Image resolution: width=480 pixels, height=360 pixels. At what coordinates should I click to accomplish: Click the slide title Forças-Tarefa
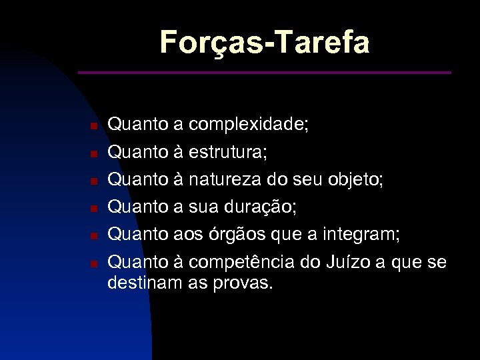pos(264,43)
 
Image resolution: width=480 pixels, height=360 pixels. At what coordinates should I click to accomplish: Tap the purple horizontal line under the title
pos(264,72)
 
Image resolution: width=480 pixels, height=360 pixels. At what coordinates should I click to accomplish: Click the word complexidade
pos(247,125)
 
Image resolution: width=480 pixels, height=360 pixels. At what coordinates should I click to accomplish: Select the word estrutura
pos(227,153)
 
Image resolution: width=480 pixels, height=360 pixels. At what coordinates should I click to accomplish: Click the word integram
pos(360,235)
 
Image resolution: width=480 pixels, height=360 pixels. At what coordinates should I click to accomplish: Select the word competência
pos(243,263)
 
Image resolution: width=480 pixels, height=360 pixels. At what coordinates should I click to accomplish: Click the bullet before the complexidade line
pos(95,126)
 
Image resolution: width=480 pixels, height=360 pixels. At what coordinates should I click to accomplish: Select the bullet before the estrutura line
pos(95,153)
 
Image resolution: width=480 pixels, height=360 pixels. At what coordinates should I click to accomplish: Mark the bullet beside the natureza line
pos(95,181)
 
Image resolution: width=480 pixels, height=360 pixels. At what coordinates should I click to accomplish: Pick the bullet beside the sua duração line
pos(95,209)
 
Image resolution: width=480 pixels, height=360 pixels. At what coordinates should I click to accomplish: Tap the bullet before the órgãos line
pos(95,236)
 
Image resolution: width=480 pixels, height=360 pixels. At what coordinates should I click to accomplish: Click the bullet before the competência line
pos(95,264)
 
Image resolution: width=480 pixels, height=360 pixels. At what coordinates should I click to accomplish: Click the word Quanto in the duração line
pos(138,207)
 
